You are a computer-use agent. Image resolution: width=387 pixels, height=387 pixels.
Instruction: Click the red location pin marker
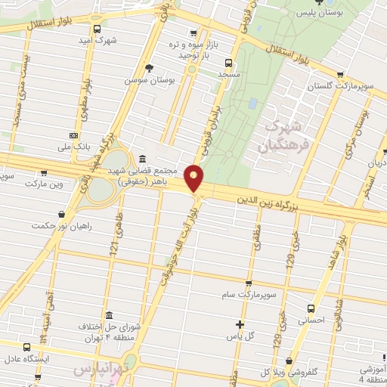195,178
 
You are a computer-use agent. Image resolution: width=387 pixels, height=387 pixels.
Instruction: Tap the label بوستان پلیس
335,13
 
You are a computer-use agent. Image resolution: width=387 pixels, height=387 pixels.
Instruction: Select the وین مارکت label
45,184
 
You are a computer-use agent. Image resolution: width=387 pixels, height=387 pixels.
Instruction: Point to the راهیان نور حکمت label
62,225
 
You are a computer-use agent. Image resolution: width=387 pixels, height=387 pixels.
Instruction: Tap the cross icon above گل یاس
240,324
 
